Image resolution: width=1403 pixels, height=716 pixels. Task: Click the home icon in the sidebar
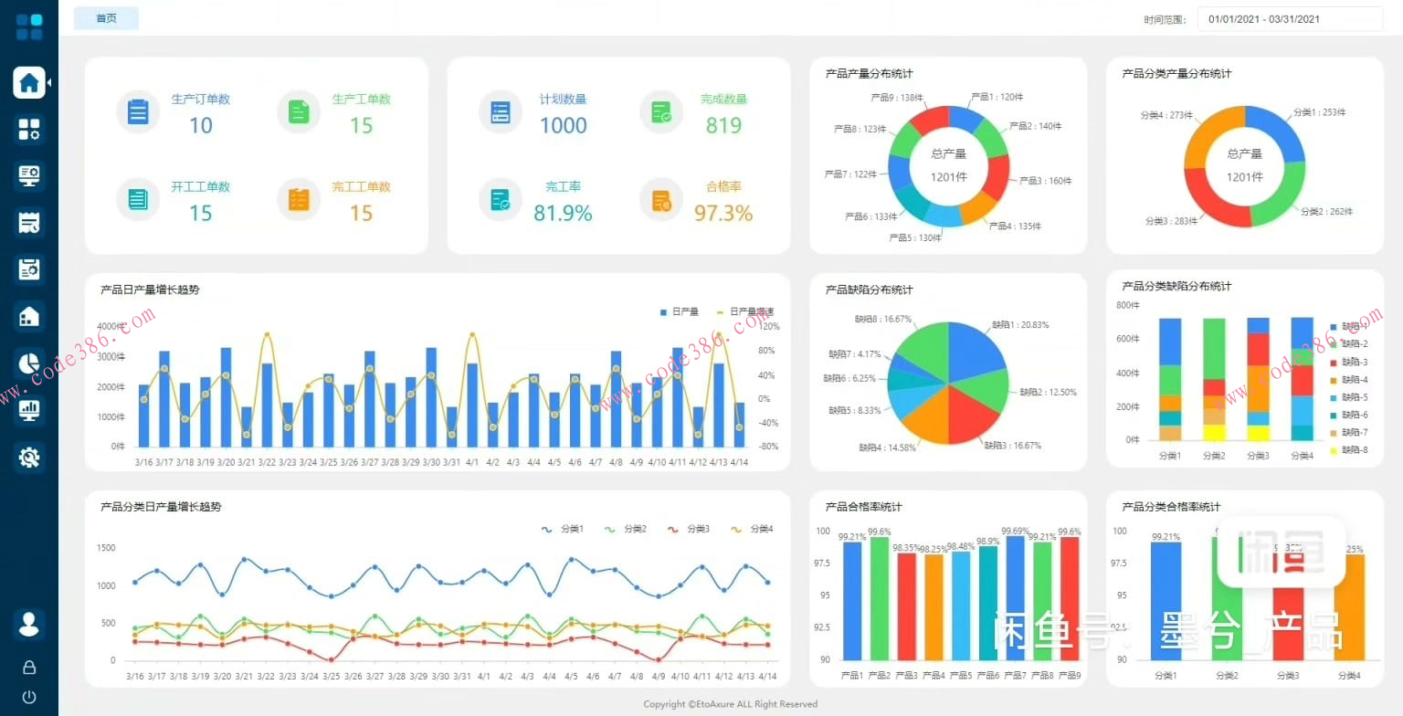(x=29, y=83)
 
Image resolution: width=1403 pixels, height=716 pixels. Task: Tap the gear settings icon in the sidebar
(x=29, y=458)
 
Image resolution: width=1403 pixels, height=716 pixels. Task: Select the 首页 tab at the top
(x=106, y=18)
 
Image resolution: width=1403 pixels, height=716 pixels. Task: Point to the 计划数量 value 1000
(x=563, y=126)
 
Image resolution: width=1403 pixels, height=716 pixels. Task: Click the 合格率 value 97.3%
(x=723, y=214)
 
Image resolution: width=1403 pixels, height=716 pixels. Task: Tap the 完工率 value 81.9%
(x=563, y=214)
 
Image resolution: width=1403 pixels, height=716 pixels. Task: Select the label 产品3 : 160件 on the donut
(x=1046, y=181)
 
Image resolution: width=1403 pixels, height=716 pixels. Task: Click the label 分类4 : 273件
(x=1166, y=115)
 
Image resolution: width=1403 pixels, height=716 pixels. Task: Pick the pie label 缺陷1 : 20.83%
(x=1020, y=324)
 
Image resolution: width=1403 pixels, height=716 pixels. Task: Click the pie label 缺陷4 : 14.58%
(x=887, y=447)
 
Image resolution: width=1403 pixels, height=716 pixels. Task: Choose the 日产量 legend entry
(x=680, y=312)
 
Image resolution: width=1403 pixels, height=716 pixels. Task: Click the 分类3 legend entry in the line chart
(x=690, y=529)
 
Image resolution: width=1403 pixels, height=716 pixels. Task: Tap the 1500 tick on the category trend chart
(x=105, y=548)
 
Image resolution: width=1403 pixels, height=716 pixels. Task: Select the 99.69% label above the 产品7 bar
(x=1016, y=531)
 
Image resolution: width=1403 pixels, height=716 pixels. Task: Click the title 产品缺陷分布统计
(x=869, y=290)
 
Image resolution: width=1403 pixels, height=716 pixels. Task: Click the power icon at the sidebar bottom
(x=29, y=697)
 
